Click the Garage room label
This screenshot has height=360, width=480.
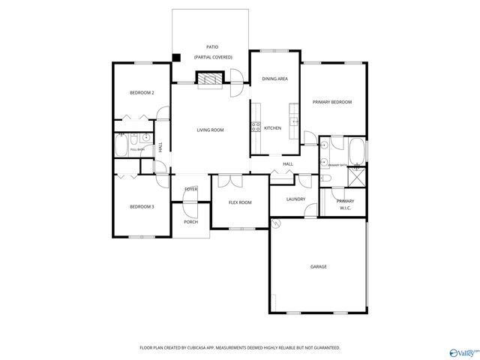coord(318,266)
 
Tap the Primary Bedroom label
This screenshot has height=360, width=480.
coord(332,102)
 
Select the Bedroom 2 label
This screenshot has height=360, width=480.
coord(142,93)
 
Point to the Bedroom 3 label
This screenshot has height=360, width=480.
coord(142,206)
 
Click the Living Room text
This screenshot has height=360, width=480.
coord(210,130)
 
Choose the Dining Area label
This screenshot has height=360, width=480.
coord(274,78)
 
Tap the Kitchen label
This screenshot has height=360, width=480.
coord(273,128)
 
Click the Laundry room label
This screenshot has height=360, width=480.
coord(295,199)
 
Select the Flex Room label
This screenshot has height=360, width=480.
coord(240,202)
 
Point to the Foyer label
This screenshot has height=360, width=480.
coord(191,189)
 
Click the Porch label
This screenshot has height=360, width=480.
coord(191,222)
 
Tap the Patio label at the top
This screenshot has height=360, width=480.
coord(212,46)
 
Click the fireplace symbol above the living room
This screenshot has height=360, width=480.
coord(210,77)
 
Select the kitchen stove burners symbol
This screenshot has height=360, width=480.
coord(256,127)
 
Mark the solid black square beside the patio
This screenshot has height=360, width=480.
coord(176,57)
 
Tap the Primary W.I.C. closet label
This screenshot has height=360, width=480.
coord(345,205)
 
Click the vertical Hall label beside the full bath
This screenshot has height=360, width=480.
coord(160,148)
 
